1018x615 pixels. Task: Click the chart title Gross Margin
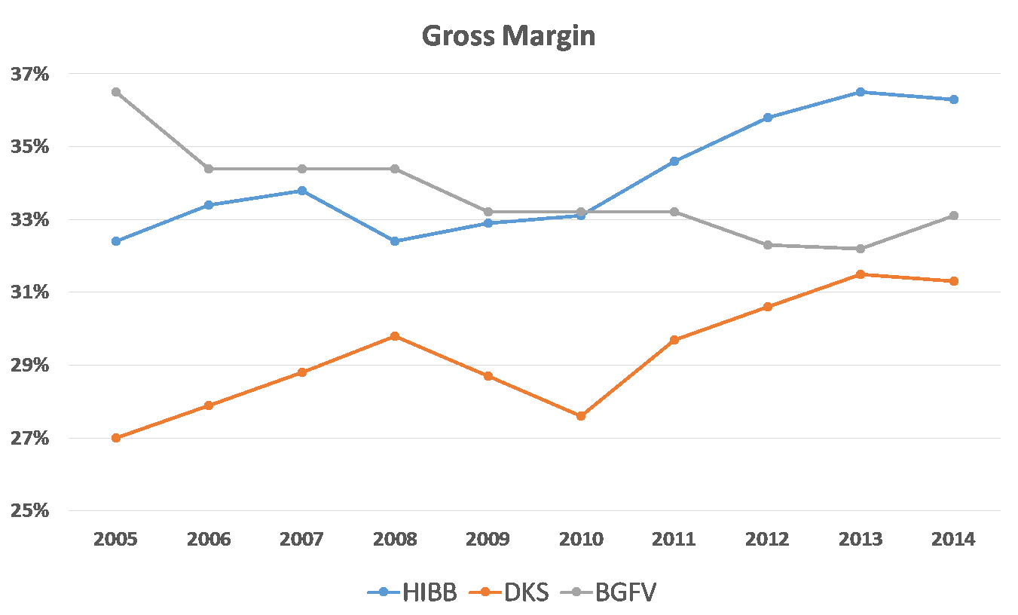[x=509, y=35]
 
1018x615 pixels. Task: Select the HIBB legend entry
[x=413, y=592]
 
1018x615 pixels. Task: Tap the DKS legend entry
[x=513, y=592]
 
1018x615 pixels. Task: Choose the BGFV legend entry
[x=609, y=592]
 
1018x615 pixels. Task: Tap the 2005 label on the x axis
[x=116, y=540]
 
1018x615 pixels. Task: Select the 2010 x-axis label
[x=581, y=540]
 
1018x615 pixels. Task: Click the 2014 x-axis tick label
[x=953, y=540]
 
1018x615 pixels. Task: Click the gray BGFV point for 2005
[x=116, y=92]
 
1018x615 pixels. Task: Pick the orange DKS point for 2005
[x=116, y=438]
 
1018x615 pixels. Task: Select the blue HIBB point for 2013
[x=861, y=92]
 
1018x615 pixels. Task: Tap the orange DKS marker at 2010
[x=581, y=416]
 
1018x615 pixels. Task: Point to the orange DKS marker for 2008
[x=395, y=336]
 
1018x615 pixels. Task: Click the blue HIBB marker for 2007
[x=302, y=191]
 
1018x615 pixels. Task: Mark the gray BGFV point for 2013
[x=861, y=249]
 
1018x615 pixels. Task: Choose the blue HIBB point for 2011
[x=674, y=161]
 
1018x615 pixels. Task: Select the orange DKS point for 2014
[x=953, y=281]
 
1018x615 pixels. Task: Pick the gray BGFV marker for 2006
[x=209, y=169]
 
